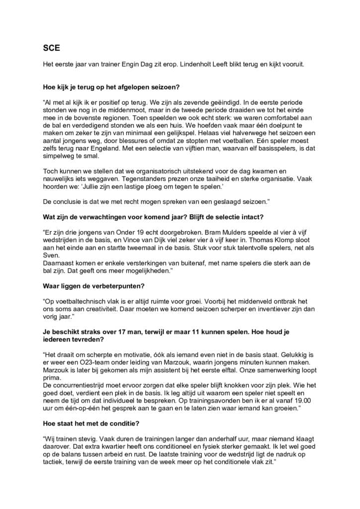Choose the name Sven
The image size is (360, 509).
point(51,269)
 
